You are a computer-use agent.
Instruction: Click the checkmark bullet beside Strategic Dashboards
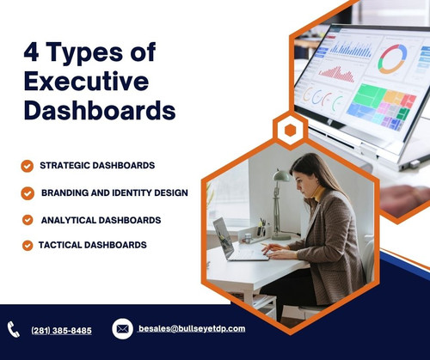coord(27,165)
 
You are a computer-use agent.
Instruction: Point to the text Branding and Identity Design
coord(114,192)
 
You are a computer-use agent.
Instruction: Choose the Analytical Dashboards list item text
coord(101,220)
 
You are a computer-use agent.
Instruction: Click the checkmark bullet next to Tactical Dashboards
coord(28,246)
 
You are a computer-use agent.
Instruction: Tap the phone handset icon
coord(14,329)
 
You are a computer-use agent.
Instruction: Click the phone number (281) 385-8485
coord(61,330)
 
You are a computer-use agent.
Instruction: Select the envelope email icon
coord(122,328)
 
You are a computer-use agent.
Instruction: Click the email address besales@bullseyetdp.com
coord(192,328)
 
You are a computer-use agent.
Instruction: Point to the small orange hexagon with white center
coord(290,130)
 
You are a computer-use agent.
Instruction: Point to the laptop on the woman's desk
coord(230,240)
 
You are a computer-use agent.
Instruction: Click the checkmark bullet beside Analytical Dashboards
coord(28,220)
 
